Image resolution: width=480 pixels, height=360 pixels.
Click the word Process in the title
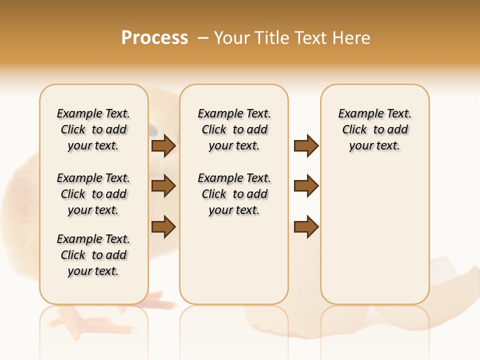click(x=154, y=37)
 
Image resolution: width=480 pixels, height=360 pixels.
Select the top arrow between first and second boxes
click(x=163, y=145)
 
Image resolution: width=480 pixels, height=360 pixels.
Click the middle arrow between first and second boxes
click(x=163, y=186)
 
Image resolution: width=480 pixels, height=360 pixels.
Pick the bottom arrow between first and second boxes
click(x=163, y=226)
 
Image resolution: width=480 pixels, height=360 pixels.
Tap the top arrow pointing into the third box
click(x=306, y=145)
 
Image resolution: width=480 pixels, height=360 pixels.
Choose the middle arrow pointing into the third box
click(x=306, y=186)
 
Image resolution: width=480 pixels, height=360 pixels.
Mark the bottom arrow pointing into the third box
click(x=306, y=226)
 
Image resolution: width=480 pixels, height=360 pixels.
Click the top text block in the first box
click(x=93, y=129)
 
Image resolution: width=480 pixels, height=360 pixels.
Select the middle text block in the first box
click(x=93, y=194)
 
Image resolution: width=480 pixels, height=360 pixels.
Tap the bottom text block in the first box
click(x=93, y=255)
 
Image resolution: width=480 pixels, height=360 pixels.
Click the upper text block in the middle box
click(x=234, y=129)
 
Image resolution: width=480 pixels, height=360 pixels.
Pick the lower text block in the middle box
click(x=234, y=194)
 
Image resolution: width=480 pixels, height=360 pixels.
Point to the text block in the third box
click(x=375, y=129)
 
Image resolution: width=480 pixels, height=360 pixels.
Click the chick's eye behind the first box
click(x=152, y=131)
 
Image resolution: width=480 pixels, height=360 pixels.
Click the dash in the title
click(x=203, y=37)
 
